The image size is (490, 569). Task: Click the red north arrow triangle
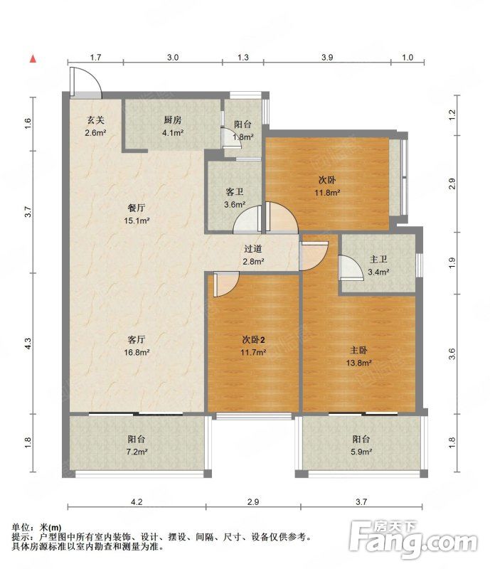pyautogui.click(x=33, y=59)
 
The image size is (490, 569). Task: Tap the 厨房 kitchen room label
pyautogui.click(x=172, y=119)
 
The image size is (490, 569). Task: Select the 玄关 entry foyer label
pyautogui.click(x=95, y=119)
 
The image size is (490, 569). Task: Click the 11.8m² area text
pyautogui.click(x=327, y=193)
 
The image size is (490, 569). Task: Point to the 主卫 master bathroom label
pyautogui.click(x=378, y=260)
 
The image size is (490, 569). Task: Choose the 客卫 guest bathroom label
pyautogui.click(x=235, y=192)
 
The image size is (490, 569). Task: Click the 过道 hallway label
pyautogui.click(x=253, y=249)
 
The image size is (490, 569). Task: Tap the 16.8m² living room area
pyautogui.click(x=137, y=352)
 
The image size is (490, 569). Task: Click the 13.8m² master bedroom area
pyautogui.click(x=358, y=363)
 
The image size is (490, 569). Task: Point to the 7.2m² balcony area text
pyautogui.click(x=137, y=452)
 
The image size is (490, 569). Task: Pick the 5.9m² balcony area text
pyautogui.click(x=361, y=452)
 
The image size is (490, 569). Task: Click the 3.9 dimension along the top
pyautogui.click(x=327, y=58)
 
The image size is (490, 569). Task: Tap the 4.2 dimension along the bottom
pyautogui.click(x=137, y=502)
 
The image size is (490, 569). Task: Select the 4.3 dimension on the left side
pyautogui.click(x=28, y=344)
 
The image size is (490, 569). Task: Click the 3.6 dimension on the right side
pyautogui.click(x=452, y=353)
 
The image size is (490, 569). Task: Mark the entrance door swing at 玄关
pyautogui.click(x=86, y=83)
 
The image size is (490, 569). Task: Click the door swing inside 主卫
pyautogui.click(x=351, y=268)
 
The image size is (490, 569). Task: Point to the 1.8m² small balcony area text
pyautogui.click(x=243, y=137)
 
